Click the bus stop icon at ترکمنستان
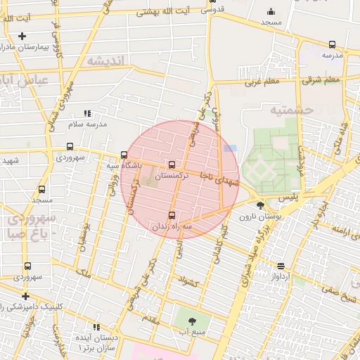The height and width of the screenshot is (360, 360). pyautogui.click(x=172, y=165)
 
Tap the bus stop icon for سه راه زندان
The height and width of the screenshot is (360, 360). pyautogui.click(x=172, y=215)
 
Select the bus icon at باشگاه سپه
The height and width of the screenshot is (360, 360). pyautogui.click(x=124, y=155)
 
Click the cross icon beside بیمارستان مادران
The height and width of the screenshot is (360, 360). pyautogui.click(x=22, y=36)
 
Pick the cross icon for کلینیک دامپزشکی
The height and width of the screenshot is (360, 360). pyautogui.click(x=26, y=296)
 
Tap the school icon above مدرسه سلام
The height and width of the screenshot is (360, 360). pyautogui.click(x=87, y=113)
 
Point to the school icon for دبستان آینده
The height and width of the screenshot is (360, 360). pyautogui.click(x=96, y=327)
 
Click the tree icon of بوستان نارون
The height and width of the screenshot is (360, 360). pyautogui.click(x=261, y=205)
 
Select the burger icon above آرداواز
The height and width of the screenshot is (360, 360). pyautogui.click(x=281, y=266)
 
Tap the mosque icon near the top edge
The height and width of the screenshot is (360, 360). pyautogui.click(x=271, y=11)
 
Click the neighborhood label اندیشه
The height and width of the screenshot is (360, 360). pyautogui.click(x=105, y=61)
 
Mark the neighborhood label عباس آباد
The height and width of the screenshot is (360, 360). pyautogui.click(x=27, y=80)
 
